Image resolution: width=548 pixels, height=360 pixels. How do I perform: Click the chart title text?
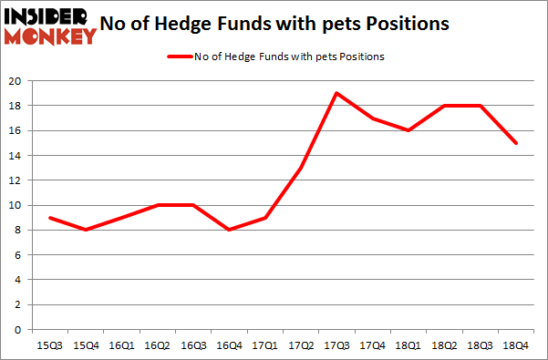click(x=283, y=25)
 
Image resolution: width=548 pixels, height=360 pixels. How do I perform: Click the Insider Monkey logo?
click(x=50, y=25)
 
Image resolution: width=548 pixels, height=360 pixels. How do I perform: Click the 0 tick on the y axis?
click(x=18, y=330)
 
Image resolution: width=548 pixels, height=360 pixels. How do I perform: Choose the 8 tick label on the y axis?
click(x=18, y=231)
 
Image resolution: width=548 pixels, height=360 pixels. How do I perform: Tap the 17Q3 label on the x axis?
click(x=337, y=345)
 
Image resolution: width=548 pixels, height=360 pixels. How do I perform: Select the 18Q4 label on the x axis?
click(x=515, y=345)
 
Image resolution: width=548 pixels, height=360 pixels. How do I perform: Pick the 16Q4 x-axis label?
click(x=230, y=345)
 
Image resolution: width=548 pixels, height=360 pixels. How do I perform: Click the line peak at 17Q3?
click(x=337, y=93)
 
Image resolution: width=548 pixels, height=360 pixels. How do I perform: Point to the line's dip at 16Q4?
click(x=230, y=230)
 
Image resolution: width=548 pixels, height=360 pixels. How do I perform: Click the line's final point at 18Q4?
click(x=515, y=143)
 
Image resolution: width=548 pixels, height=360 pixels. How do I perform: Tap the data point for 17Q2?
click(x=302, y=168)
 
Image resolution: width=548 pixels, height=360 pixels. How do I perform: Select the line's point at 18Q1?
click(x=408, y=130)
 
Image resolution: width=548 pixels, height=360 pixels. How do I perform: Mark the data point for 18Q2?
click(x=444, y=106)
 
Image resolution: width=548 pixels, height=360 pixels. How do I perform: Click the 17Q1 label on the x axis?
click(x=265, y=345)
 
